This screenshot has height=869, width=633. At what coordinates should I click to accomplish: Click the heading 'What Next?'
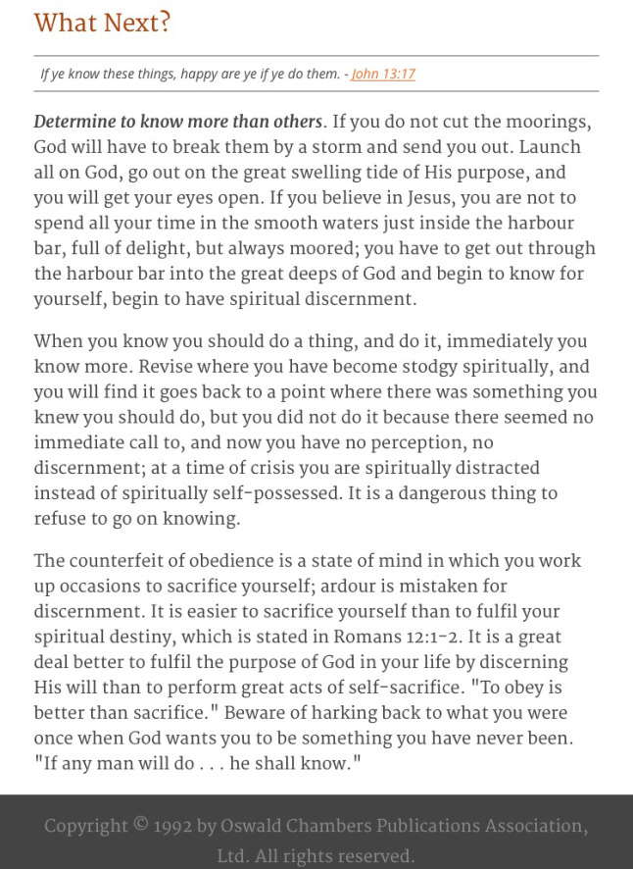coord(103,23)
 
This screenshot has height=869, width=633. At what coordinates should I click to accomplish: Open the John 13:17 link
coord(383,74)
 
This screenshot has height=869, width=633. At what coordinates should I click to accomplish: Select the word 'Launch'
coord(550,148)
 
